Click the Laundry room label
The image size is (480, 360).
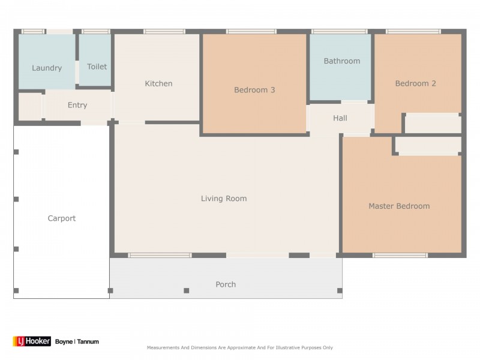point(47,68)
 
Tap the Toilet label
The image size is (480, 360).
point(97,67)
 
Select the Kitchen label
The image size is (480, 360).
point(158,83)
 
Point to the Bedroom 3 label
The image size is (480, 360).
point(254,90)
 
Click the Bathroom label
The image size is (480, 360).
point(342,61)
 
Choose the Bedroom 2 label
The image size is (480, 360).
point(415,83)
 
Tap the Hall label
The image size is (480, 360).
point(340,118)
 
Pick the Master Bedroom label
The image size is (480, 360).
point(399,206)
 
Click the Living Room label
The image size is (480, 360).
point(224,199)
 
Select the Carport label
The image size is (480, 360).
point(62,218)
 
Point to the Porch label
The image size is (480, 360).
point(226,284)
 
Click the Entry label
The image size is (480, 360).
point(77,106)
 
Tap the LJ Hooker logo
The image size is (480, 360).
point(32,341)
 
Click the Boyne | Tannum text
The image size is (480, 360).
point(77,341)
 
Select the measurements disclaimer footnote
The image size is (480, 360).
point(239,347)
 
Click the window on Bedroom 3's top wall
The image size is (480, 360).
point(251,32)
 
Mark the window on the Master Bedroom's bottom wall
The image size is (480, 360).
point(400,256)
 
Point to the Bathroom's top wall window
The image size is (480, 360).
point(340,32)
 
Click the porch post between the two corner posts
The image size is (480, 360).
point(187,290)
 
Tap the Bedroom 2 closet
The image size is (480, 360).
point(433,123)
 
